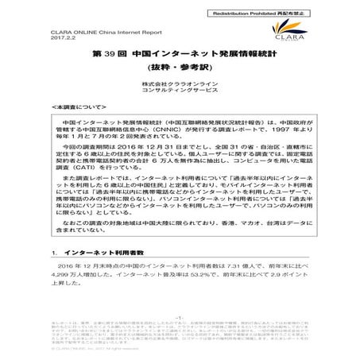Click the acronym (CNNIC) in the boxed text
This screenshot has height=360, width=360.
162,148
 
